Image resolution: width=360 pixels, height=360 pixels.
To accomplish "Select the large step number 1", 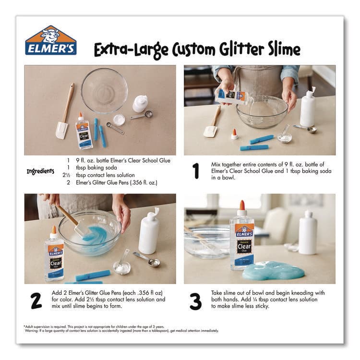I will (195, 171).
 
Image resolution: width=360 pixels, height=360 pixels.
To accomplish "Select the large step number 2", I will (36, 300).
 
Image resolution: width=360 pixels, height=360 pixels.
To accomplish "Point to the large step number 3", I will (195, 301).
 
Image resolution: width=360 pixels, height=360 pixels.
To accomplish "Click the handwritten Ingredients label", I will (40, 171).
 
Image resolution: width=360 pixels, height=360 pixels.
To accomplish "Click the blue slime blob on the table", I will (273, 271).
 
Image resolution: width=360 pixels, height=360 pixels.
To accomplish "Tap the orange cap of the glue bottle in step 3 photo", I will (242, 205).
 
